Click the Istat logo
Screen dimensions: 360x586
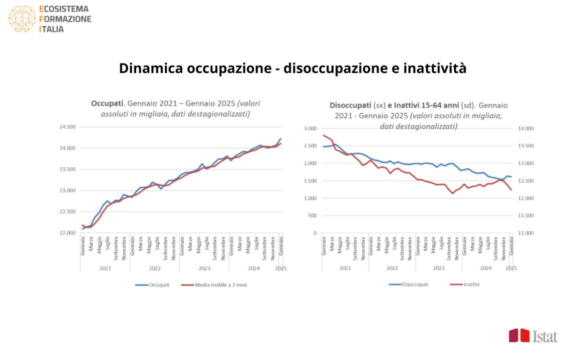(x=533, y=336)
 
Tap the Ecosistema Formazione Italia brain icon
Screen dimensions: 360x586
(x=22, y=19)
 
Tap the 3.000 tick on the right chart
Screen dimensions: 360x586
(x=310, y=129)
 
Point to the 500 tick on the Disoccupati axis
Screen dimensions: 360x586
(x=313, y=216)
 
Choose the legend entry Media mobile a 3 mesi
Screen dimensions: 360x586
(x=215, y=285)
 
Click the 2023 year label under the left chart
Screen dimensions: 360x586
(x=204, y=268)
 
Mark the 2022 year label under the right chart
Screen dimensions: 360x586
(x=392, y=268)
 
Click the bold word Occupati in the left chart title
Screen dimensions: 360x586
(x=107, y=104)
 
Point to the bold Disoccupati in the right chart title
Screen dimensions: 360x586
(x=350, y=106)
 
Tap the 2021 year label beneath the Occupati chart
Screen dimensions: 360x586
(x=105, y=268)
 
